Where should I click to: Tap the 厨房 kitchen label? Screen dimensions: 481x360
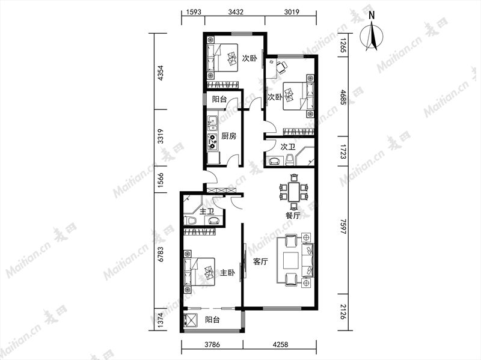228,136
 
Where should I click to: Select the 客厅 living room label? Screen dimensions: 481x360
260,261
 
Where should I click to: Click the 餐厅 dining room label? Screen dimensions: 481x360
293,216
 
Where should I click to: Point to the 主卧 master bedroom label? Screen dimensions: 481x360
228,273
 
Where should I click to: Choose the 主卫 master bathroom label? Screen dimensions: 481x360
206,212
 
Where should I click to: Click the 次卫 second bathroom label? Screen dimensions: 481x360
288,147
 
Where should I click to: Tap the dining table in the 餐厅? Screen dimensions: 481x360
294,191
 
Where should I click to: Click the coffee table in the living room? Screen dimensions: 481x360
291,260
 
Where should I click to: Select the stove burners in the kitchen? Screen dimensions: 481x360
212,142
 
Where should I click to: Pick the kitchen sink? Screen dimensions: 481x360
212,123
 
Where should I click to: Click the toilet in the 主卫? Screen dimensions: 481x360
191,220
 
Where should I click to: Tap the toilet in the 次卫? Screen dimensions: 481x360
290,159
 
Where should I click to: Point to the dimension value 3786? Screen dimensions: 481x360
212,344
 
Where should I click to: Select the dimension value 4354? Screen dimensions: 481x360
160,73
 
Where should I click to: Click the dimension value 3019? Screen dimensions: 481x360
292,12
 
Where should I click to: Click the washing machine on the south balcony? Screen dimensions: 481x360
190,320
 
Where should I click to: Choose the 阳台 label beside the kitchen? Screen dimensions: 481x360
219,99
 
